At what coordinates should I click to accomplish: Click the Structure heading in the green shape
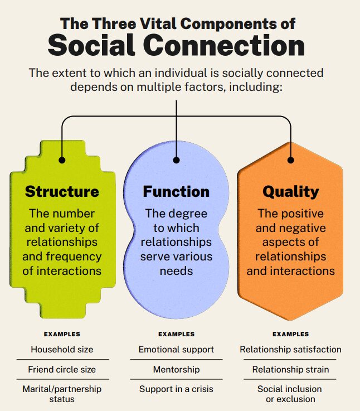62,192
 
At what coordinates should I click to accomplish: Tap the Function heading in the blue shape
176,192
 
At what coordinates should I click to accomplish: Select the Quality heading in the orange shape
290,192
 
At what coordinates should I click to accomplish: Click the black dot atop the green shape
62,160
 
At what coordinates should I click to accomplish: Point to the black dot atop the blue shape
176,160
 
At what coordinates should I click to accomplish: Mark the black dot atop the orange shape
290,160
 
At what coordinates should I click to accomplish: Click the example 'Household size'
62,350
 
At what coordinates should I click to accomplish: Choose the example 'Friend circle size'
62,369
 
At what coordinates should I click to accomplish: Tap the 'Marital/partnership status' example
62,394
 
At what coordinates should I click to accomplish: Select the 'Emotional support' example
176,350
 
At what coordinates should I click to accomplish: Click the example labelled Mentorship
176,369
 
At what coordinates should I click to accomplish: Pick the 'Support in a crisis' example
176,389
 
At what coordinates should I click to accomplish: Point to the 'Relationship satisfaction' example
290,350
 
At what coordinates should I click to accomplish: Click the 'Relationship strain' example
290,369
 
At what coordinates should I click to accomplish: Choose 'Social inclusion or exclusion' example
290,394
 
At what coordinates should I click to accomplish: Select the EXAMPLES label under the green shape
62,335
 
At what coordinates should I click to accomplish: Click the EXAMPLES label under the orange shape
290,335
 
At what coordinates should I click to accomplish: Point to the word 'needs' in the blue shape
176,271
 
